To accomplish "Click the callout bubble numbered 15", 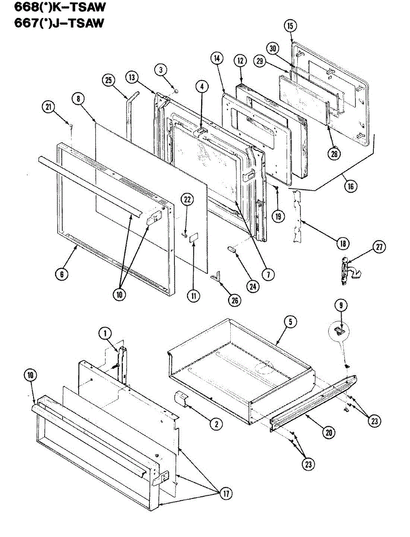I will (290, 26).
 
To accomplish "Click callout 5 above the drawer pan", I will (290, 322).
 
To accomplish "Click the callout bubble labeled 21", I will (48, 107).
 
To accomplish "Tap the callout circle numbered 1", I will (105, 333).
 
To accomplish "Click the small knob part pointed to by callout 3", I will (176, 91).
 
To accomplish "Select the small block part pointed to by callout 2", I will (181, 397).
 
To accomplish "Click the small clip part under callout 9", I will (339, 331).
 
